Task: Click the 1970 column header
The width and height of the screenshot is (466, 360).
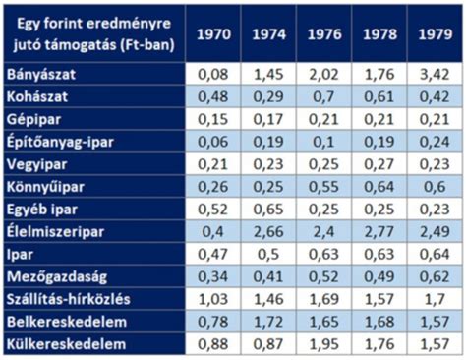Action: click(213, 33)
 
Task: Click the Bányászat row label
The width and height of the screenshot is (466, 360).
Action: click(41, 74)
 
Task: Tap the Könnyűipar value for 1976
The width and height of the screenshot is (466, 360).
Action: click(327, 187)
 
